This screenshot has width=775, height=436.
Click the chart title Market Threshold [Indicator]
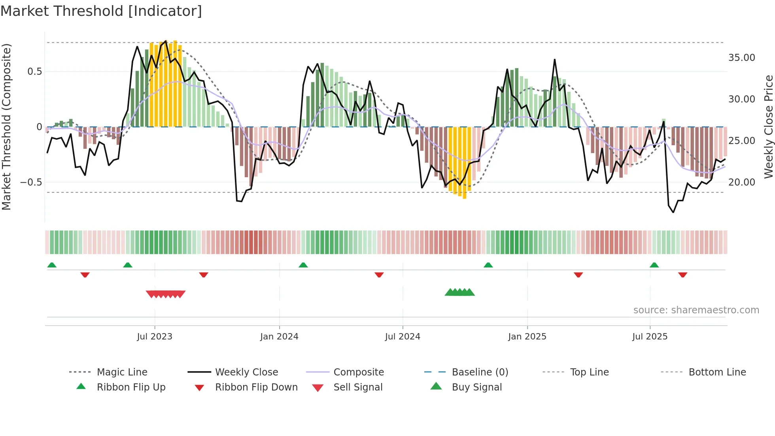[x=101, y=11]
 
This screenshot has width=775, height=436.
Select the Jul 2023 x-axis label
[x=155, y=337]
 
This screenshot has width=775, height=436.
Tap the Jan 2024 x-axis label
[x=279, y=337]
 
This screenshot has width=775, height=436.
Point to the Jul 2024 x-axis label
[x=403, y=337]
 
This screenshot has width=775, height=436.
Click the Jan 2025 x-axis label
[x=527, y=337]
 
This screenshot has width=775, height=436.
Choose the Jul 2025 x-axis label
[x=650, y=337]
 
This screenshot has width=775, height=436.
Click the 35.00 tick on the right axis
[x=741, y=58]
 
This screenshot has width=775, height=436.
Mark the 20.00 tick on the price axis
[x=741, y=182]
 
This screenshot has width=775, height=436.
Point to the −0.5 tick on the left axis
[x=31, y=182]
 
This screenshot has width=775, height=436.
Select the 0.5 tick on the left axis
[x=34, y=72]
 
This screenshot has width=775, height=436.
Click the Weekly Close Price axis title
[x=768, y=127]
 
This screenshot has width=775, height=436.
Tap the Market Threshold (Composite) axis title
[x=6, y=127]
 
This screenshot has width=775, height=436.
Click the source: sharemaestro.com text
[x=696, y=310]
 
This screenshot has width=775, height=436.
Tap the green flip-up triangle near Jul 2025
[x=654, y=265]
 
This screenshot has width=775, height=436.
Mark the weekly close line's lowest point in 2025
[x=673, y=212]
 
